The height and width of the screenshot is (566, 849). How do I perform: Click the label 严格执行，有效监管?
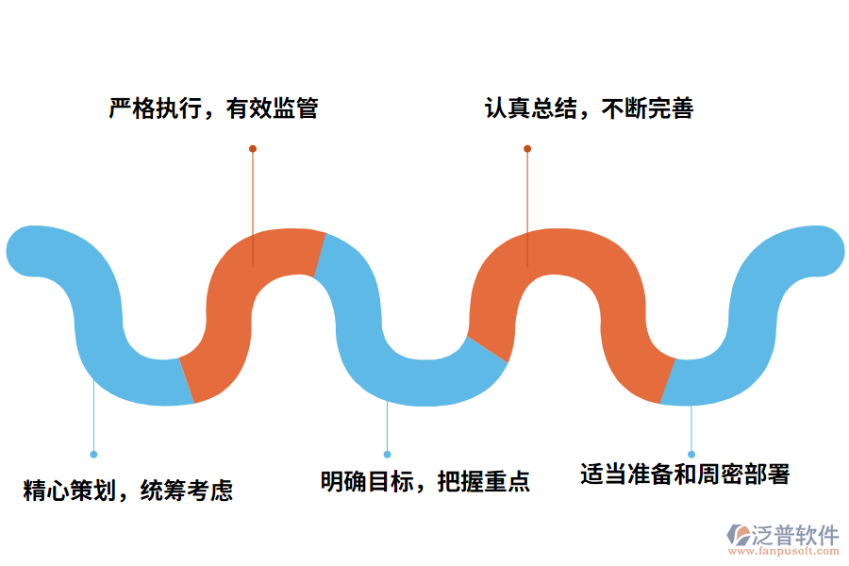coord(213,109)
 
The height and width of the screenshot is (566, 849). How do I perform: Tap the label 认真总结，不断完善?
coord(590,109)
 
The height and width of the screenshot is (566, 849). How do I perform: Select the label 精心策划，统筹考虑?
coord(128,491)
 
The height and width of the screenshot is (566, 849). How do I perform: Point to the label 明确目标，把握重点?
coord(425,482)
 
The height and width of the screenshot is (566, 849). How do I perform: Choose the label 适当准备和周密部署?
coord(685,474)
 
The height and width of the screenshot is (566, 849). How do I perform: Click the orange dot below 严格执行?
coord(253,149)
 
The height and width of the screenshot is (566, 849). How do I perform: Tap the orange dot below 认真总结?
coord(527,149)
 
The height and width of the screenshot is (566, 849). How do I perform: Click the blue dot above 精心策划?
coord(93,454)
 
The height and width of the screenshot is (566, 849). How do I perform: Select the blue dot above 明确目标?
coord(387,454)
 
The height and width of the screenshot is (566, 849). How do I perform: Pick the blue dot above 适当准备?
coord(691,454)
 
